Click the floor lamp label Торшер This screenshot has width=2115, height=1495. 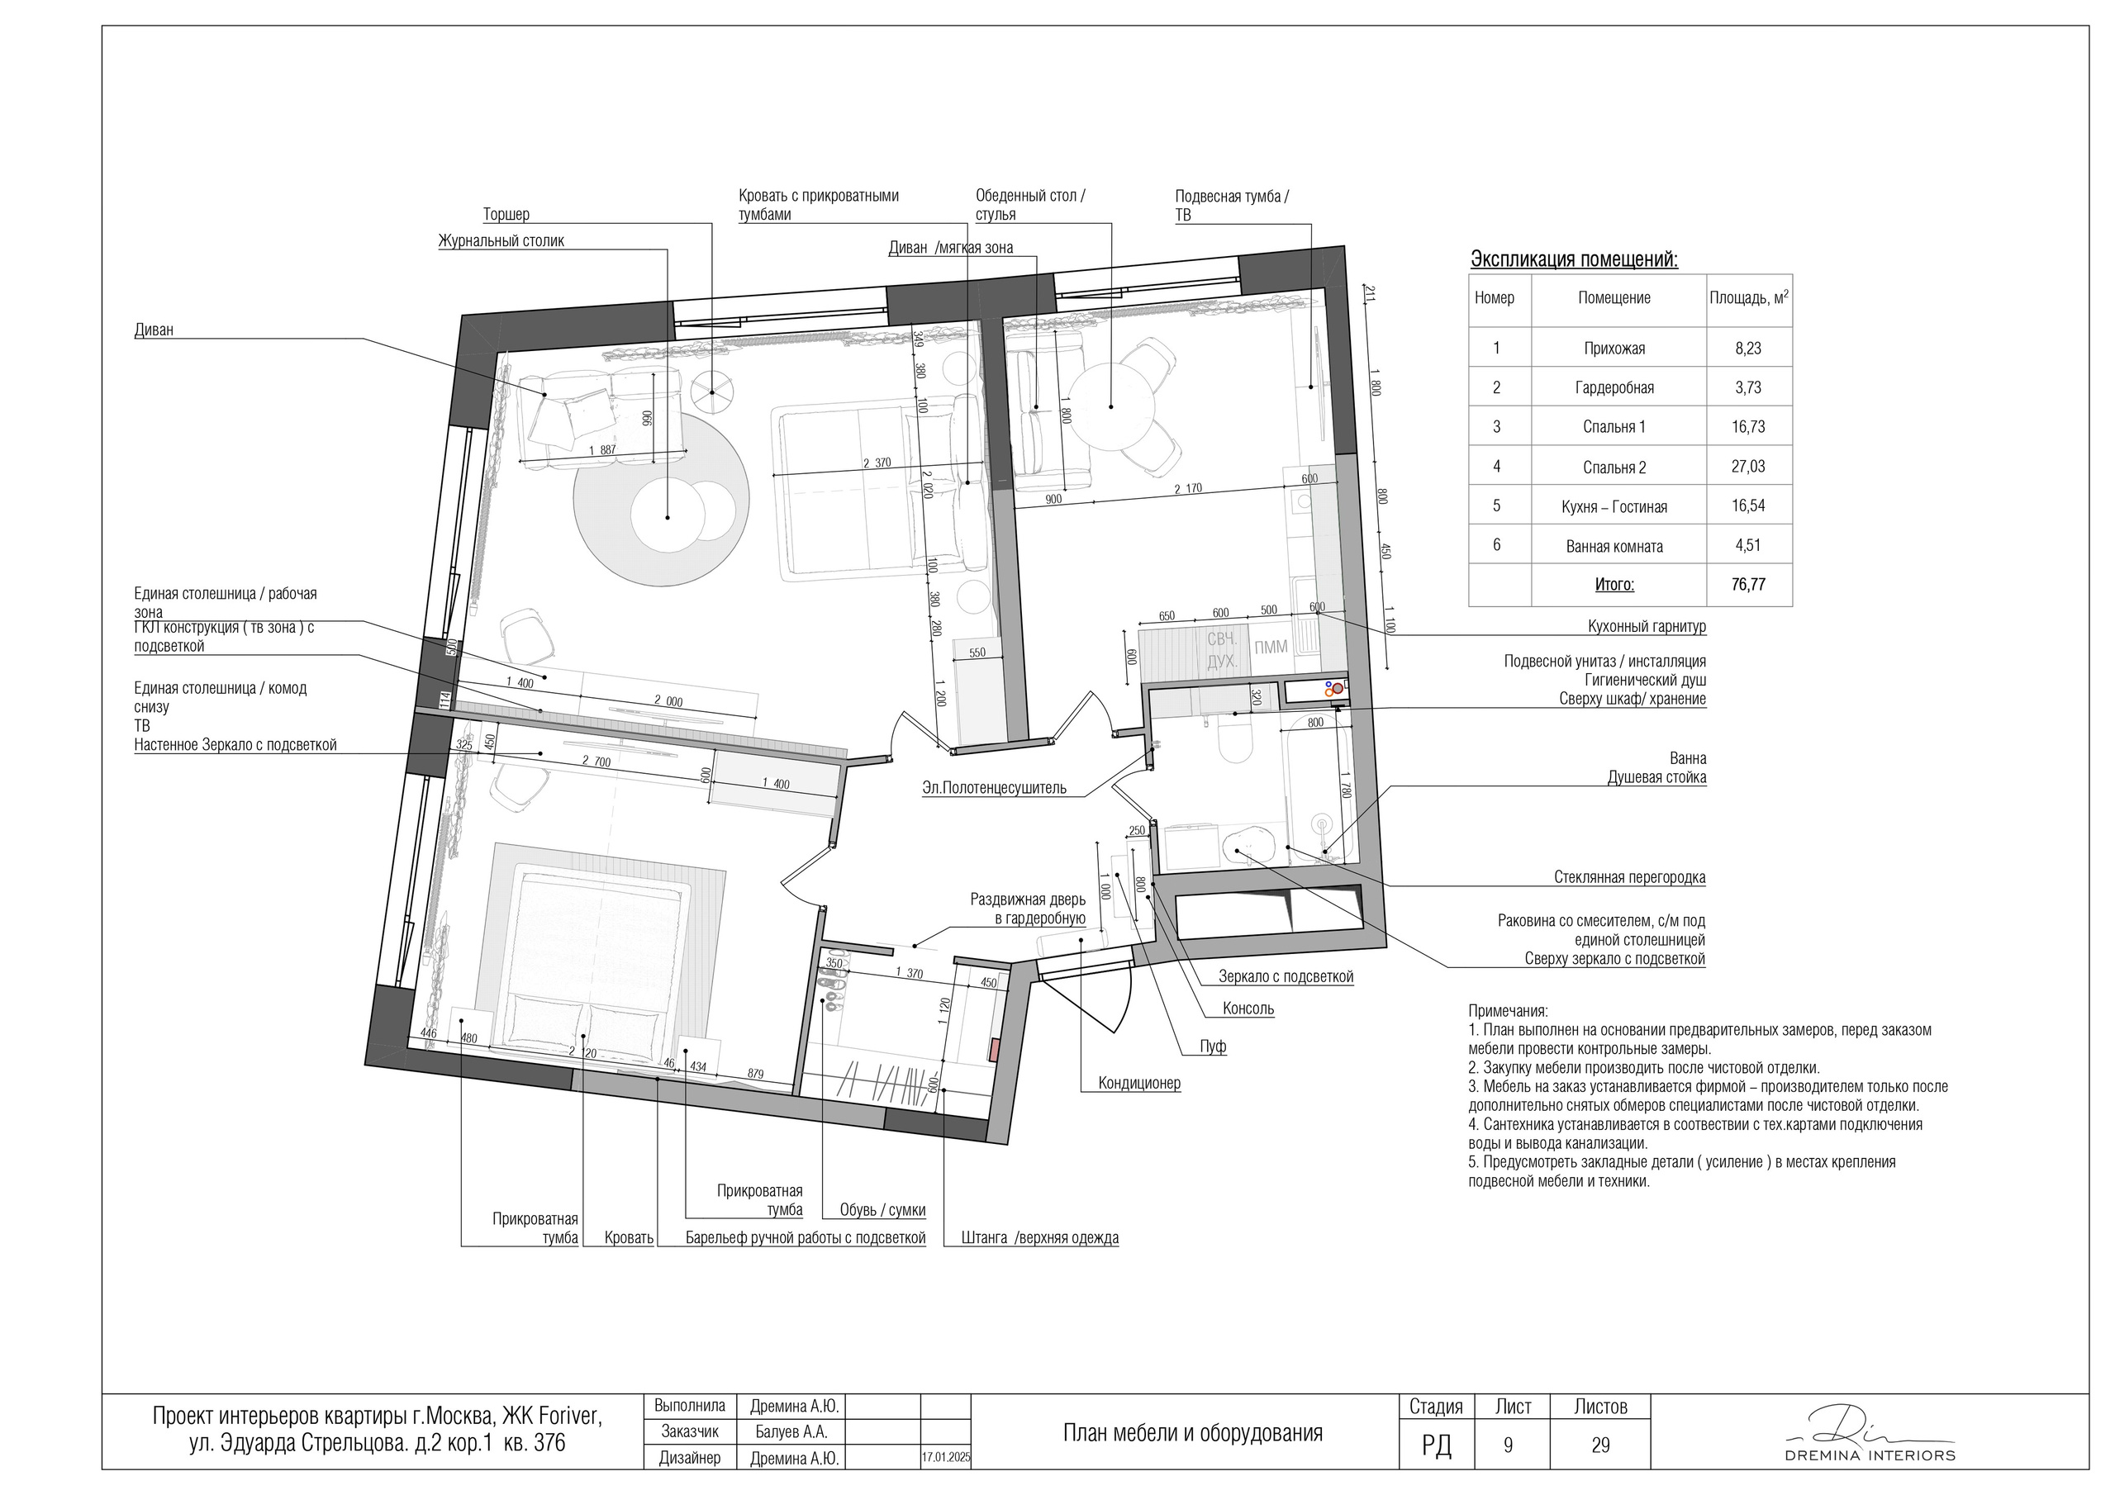click(x=506, y=215)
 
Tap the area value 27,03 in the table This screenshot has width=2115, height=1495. click(x=1748, y=466)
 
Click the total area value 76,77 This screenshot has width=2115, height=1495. click(x=1748, y=584)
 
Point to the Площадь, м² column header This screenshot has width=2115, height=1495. click(x=1749, y=297)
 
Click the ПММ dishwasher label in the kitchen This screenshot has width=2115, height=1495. click(x=1271, y=647)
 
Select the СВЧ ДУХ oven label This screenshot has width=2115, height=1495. click(x=1223, y=649)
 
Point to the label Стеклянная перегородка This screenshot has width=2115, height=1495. click(x=1629, y=877)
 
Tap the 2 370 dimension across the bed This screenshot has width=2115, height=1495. click(x=876, y=463)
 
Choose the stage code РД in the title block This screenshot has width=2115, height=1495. click(x=1436, y=1445)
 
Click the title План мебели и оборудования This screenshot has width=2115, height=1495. click(x=1193, y=1432)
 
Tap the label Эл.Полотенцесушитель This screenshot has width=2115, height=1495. click(x=994, y=788)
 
